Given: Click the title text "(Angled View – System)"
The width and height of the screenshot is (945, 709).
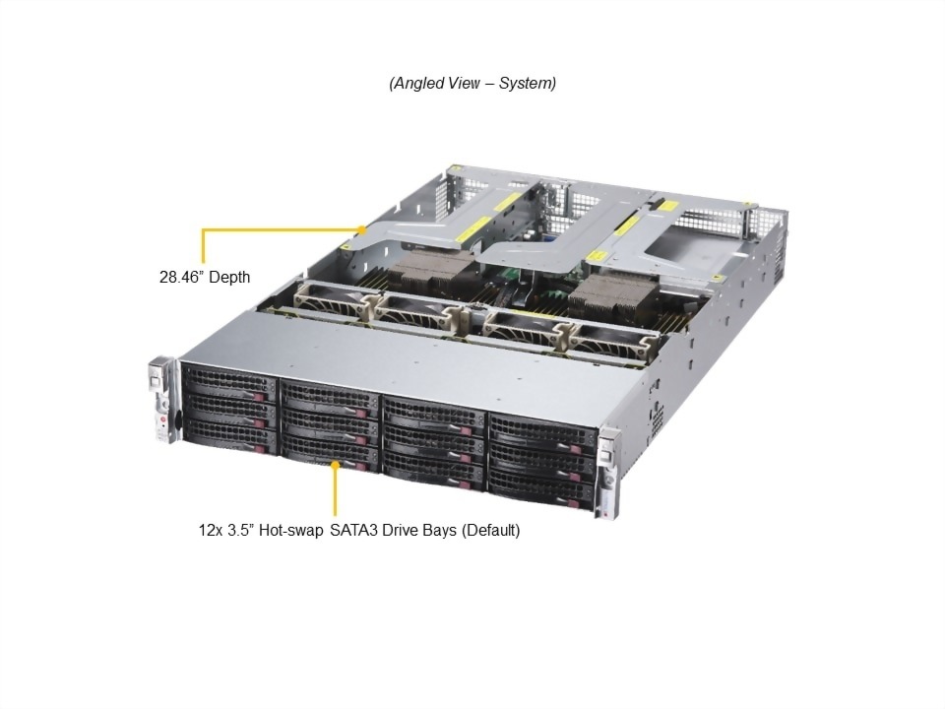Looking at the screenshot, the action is click(472, 83).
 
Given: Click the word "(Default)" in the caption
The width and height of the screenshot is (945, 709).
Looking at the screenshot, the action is click(490, 531).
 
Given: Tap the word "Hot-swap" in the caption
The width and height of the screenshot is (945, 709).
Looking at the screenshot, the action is click(290, 531).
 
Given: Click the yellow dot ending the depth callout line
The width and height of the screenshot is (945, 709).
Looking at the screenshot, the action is click(361, 229).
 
